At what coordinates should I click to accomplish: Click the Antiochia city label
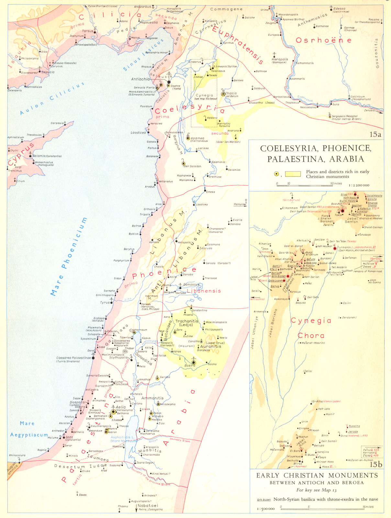(140, 79)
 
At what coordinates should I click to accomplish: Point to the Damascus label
(191, 285)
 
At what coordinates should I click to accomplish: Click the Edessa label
(340, 9)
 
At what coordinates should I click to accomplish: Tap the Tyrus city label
(105, 302)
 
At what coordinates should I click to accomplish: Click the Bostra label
(190, 365)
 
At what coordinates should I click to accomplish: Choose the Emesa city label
(210, 192)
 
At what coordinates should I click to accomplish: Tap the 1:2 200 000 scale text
(359, 186)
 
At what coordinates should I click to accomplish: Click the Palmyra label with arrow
(239, 204)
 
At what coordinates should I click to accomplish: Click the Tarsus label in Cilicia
(87, 31)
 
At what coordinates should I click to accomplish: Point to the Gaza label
(69, 437)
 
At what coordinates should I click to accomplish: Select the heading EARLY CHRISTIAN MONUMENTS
(317, 475)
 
